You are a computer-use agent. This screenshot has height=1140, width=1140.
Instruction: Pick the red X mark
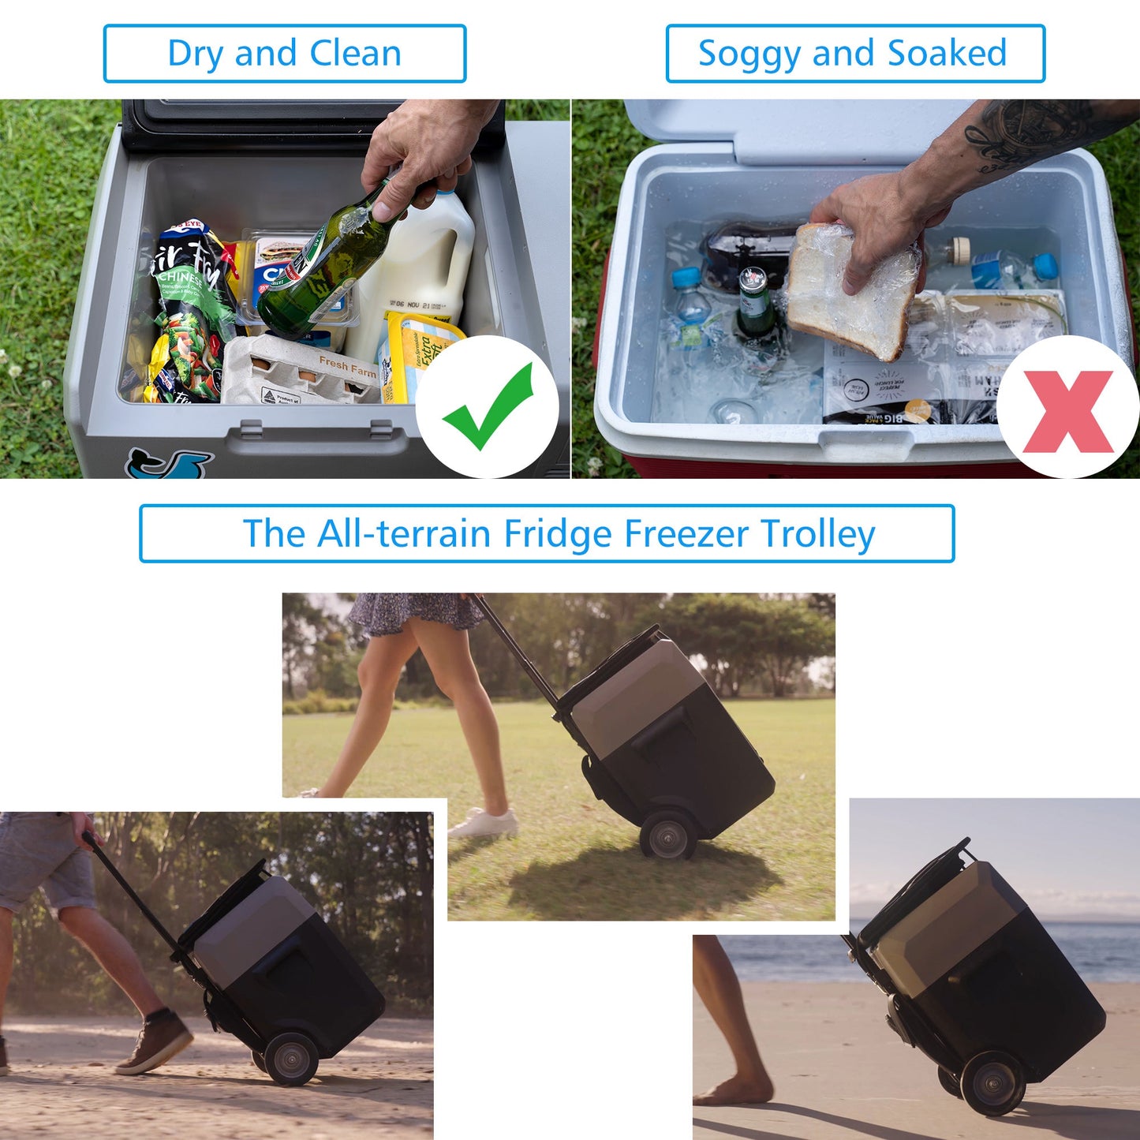coord(1067,410)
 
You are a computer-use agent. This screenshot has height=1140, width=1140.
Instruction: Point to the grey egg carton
coord(300,371)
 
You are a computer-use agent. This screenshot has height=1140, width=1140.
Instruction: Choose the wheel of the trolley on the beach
coord(992,1084)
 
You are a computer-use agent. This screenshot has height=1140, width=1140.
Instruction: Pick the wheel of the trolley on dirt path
coord(291,1058)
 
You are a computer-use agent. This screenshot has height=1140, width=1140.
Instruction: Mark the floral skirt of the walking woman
coord(414,612)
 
